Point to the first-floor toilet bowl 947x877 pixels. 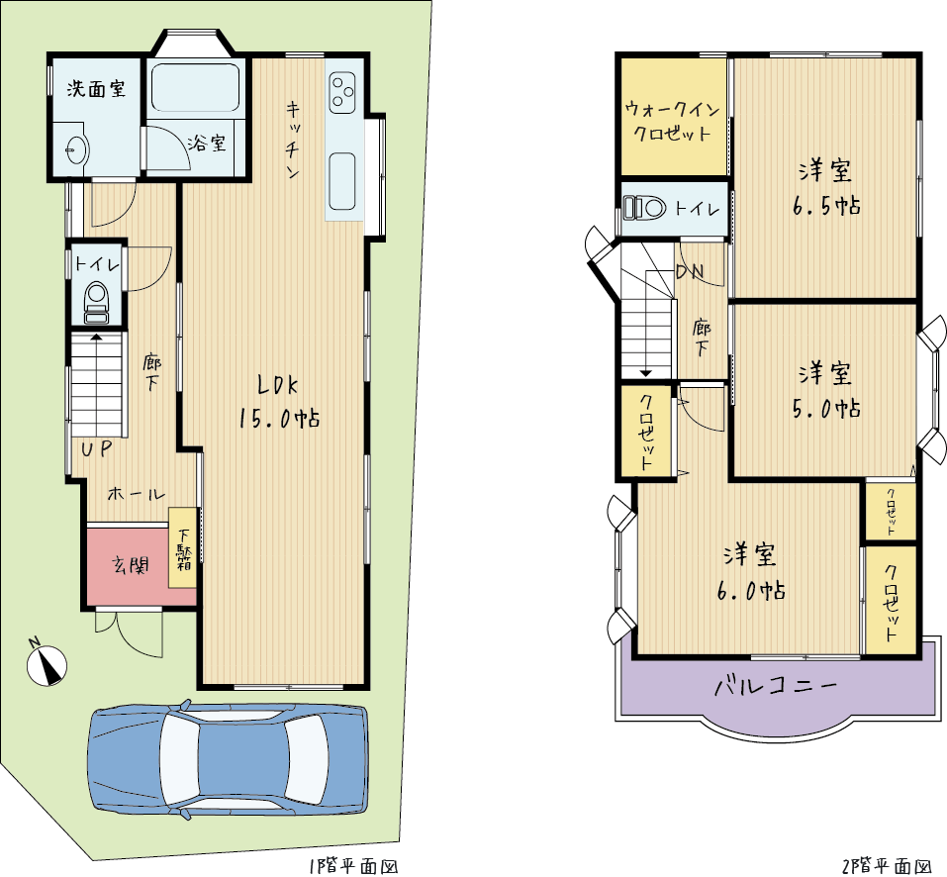[97, 302]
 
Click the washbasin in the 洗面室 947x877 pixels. [77, 147]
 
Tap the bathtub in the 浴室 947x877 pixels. [195, 88]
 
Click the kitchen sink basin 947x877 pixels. [342, 181]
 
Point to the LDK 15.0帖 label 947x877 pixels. [279, 401]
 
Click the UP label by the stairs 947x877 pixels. [97, 448]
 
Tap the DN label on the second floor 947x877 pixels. [690, 272]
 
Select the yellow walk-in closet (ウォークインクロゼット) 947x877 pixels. [673, 117]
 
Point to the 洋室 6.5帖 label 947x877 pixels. [826, 188]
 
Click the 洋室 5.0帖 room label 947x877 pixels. [826, 390]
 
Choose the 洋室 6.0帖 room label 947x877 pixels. [751, 571]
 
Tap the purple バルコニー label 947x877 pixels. [777, 686]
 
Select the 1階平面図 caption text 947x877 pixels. [353, 867]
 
